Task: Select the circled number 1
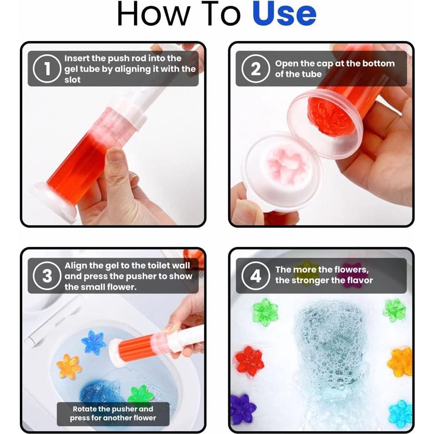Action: pyautogui.click(x=47, y=69)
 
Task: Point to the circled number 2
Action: pyautogui.click(x=255, y=69)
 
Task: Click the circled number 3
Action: pyautogui.click(x=47, y=276)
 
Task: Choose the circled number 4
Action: pyautogui.click(x=255, y=276)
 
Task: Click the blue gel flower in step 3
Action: pyautogui.click(x=93, y=342)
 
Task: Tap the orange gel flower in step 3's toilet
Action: pyautogui.click(x=69, y=366)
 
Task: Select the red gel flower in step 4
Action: pyautogui.click(x=249, y=361)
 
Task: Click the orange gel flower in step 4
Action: pyautogui.click(x=400, y=362)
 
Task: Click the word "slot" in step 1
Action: pyautogui.click(x=72, y=80)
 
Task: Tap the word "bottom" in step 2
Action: pyautogui.click(x=378, y=63)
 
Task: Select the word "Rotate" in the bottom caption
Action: pyautogui.click(x=84, y=409)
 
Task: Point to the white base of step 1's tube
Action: pyautogui.click(x=54, y=202)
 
